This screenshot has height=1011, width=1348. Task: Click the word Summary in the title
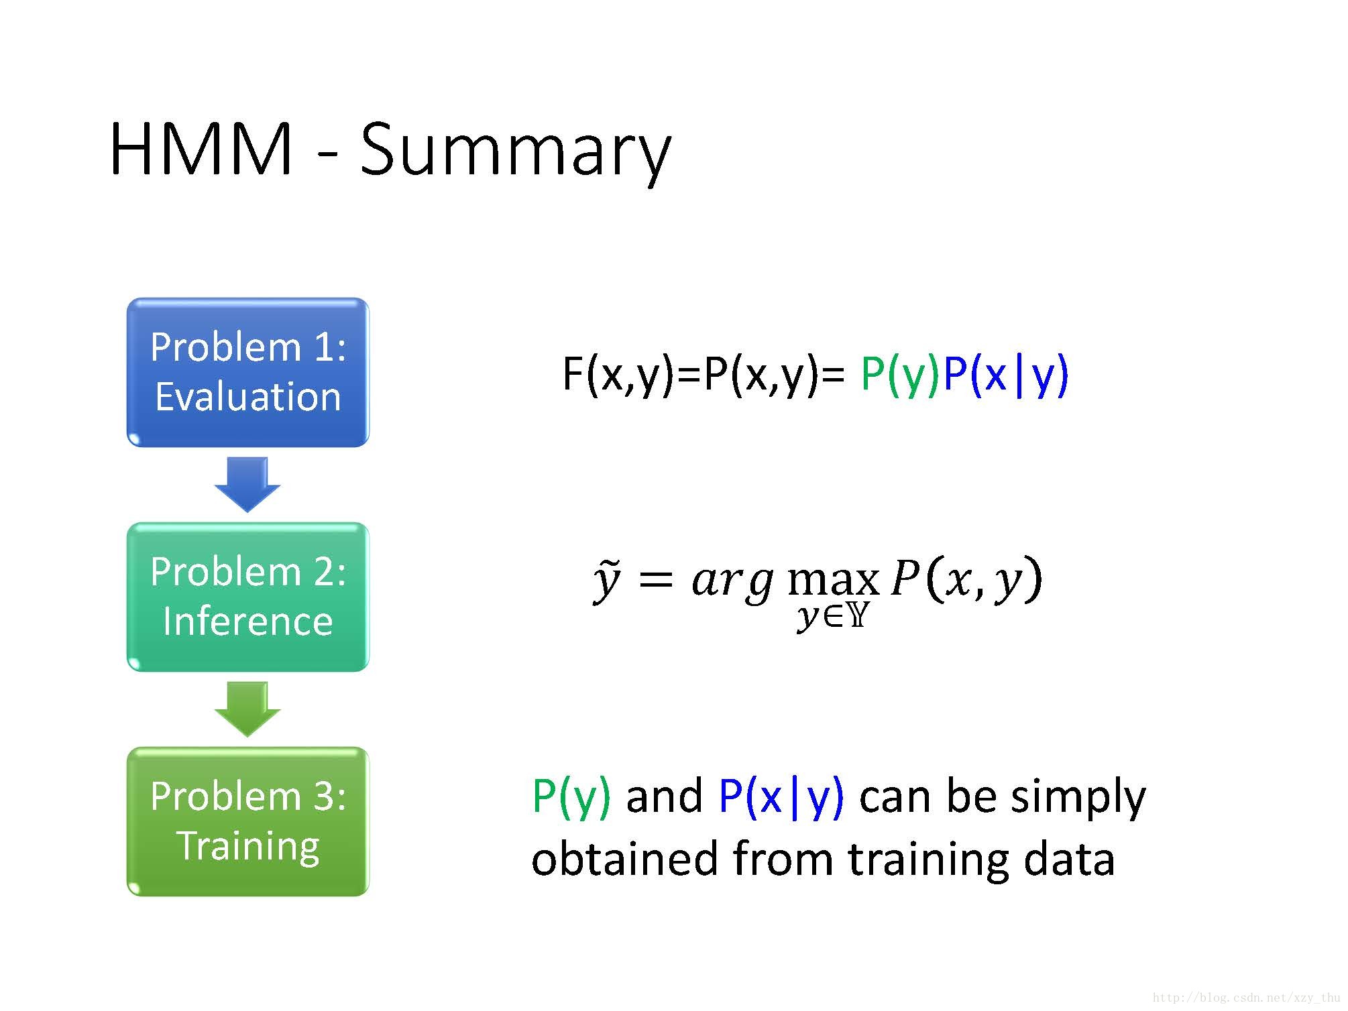tap(515, 151)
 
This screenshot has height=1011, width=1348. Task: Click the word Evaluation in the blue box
tap(247, 397)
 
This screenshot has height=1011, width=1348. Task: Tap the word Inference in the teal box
tap(247, 621)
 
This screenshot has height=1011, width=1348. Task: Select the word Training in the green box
tap(247, 846)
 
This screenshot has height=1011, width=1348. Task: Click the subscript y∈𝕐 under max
tap(832, 615)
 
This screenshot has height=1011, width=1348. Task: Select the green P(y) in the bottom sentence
tap(571, 797)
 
